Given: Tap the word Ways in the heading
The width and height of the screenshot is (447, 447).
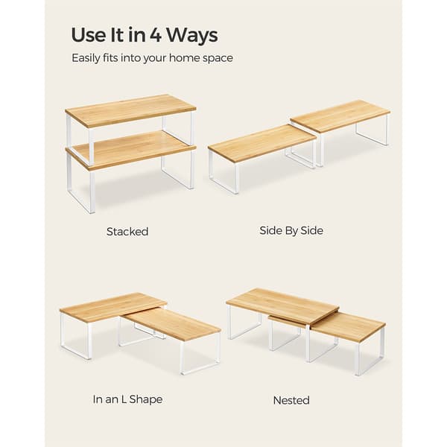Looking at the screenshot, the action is click(192, 36).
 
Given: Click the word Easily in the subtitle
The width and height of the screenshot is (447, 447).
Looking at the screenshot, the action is click(86, 58).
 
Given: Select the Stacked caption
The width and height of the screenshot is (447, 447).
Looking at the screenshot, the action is click(127, 232).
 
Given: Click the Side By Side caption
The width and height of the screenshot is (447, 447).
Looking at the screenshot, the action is click(291, 231).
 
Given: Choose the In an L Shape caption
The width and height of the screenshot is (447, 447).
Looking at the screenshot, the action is click(127, 399).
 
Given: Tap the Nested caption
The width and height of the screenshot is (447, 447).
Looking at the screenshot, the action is click(291, 400).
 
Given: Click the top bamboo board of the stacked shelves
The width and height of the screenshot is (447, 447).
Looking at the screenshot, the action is click(130, 110).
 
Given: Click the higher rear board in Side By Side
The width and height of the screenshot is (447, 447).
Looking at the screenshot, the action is click(340, 115).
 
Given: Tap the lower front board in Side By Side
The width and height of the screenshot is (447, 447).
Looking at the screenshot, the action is click(262, 143).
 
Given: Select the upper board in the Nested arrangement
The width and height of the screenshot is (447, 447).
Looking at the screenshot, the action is click(283, 306).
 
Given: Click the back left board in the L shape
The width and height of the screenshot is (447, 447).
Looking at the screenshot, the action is click(113, 305).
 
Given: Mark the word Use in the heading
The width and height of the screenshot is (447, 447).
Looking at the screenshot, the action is click(88, 35).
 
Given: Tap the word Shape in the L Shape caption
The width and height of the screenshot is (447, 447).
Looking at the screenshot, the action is click(146, 399).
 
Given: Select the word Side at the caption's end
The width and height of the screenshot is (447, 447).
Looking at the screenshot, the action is click(311, 230).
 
